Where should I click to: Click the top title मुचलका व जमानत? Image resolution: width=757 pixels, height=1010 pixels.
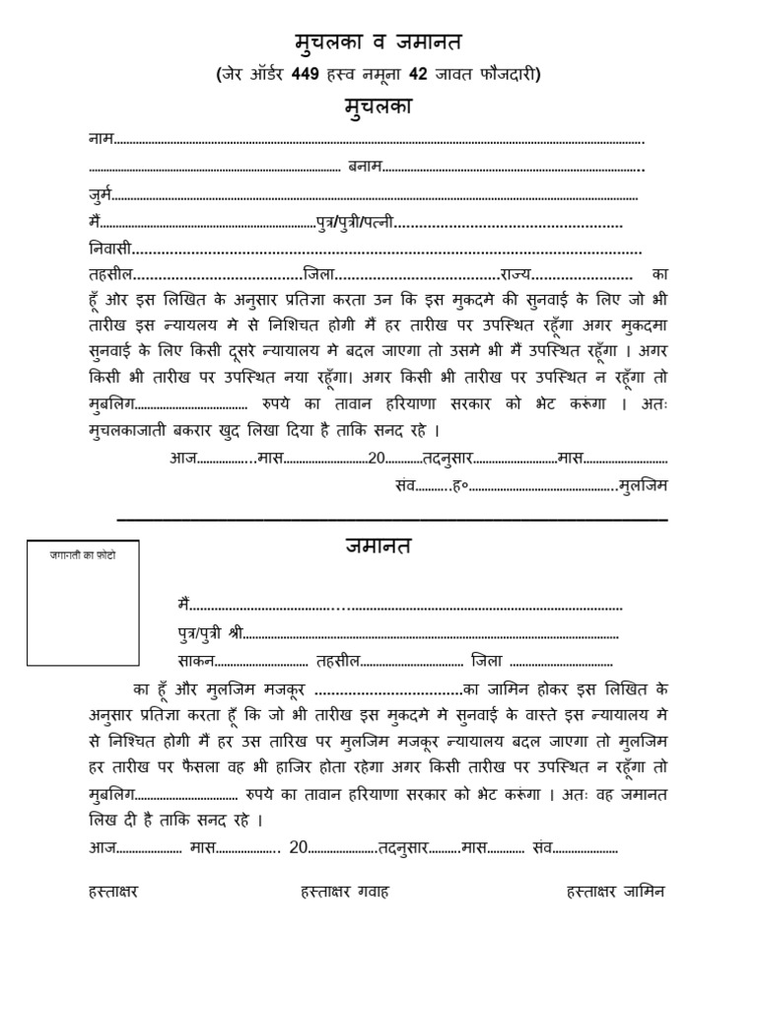(378, 42)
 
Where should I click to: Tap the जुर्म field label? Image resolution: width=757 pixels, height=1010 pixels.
(101, 195)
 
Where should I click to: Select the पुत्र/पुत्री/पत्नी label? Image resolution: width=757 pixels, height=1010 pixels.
(355, 223)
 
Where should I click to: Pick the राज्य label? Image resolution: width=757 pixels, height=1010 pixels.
(516, 274)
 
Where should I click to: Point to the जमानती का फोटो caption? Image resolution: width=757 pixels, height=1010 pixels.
(83, 556)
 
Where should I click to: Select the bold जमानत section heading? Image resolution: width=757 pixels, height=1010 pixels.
(378, 545)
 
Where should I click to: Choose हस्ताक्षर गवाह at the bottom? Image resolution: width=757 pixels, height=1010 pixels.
(345, 892)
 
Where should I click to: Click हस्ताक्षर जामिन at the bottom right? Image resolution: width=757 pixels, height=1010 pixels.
(616, 892)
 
